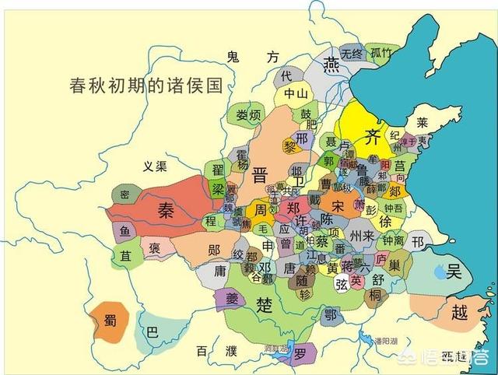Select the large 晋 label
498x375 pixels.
click(260, 175)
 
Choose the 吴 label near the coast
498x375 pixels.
click(454, 272)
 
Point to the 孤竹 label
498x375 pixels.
click(381, 53)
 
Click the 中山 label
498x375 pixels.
click(296, 94)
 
